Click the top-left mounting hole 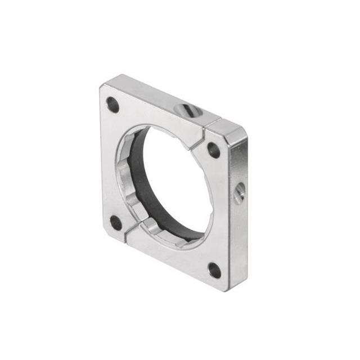[x=112, y=105]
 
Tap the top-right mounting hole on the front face [x=214, y=150]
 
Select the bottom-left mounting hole [x=116, y=223]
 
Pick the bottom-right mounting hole [x=214, y=271]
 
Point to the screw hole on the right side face [x=239, y=195]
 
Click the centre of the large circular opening [x=172, y=183]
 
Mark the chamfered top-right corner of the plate [x=239, y=131]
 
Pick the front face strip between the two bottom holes [x=169, y=256]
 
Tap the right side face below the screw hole [x=238, y=242]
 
